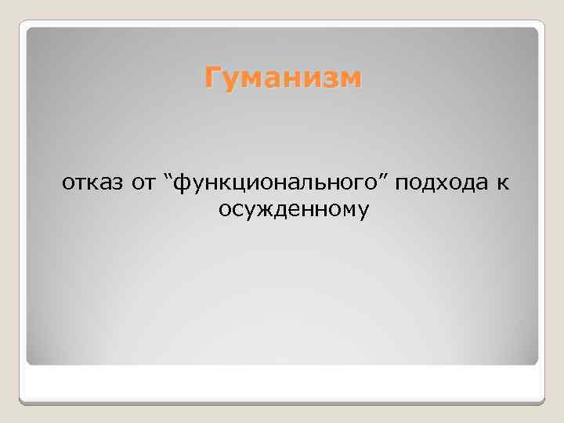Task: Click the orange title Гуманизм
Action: point(284,79)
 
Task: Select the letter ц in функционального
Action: point(233,185)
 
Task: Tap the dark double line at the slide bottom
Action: point(282,402)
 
